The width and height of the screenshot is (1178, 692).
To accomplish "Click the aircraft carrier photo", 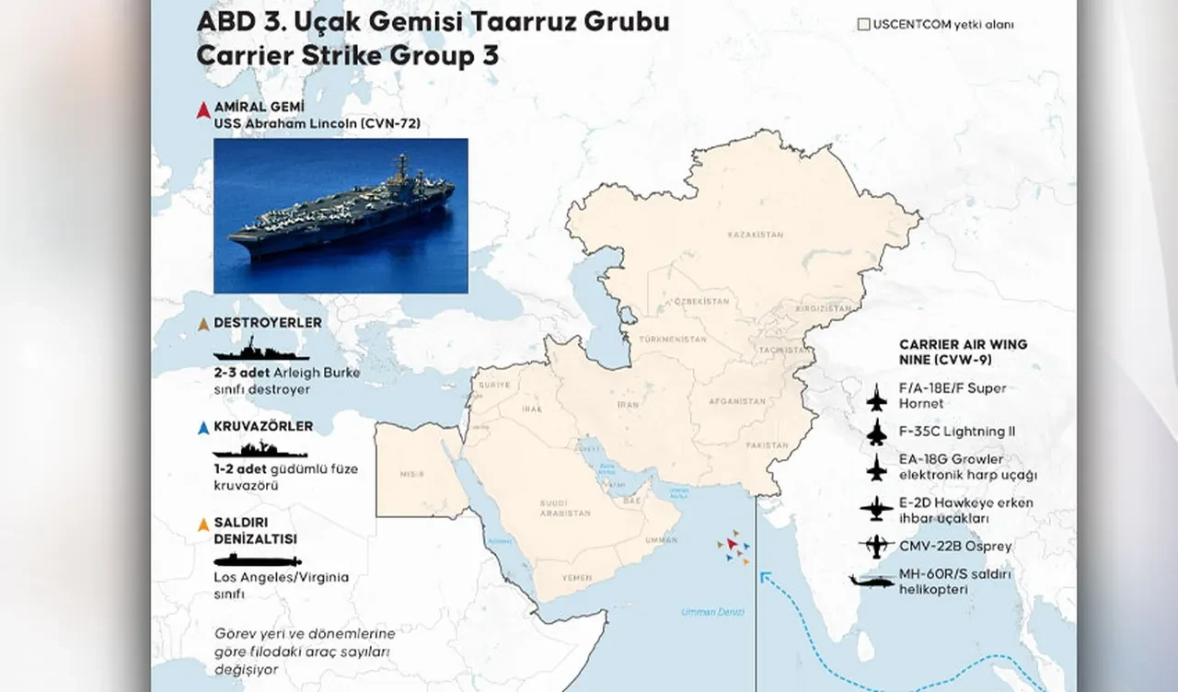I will click(x=341, y=215).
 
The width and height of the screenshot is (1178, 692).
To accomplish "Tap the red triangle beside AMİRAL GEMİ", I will click(x=203, y=110).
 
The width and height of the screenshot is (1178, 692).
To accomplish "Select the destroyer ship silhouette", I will click(x=260, y=351).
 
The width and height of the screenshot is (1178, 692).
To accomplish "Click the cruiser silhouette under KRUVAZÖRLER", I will click(x=260, y=451).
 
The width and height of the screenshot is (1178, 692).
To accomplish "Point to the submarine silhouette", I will click(x=257, y=560).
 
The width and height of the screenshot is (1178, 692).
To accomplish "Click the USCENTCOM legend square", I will click(x=863, y=25).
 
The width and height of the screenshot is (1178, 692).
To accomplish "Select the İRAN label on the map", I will click(x=627, y=404).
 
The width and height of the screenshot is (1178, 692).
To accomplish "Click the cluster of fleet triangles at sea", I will click(x=733, y=547).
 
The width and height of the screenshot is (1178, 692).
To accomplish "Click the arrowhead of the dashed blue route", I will click(x=763, y=577).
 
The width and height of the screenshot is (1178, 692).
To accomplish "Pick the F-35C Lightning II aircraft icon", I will click(x=876, y=432).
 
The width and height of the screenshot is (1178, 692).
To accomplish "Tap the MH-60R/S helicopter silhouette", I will click(x=871, y=581).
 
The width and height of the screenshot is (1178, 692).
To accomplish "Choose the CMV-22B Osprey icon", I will click(x=875, y=547).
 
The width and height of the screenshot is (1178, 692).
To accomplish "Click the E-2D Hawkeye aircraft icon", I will click(x=876, y=509).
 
